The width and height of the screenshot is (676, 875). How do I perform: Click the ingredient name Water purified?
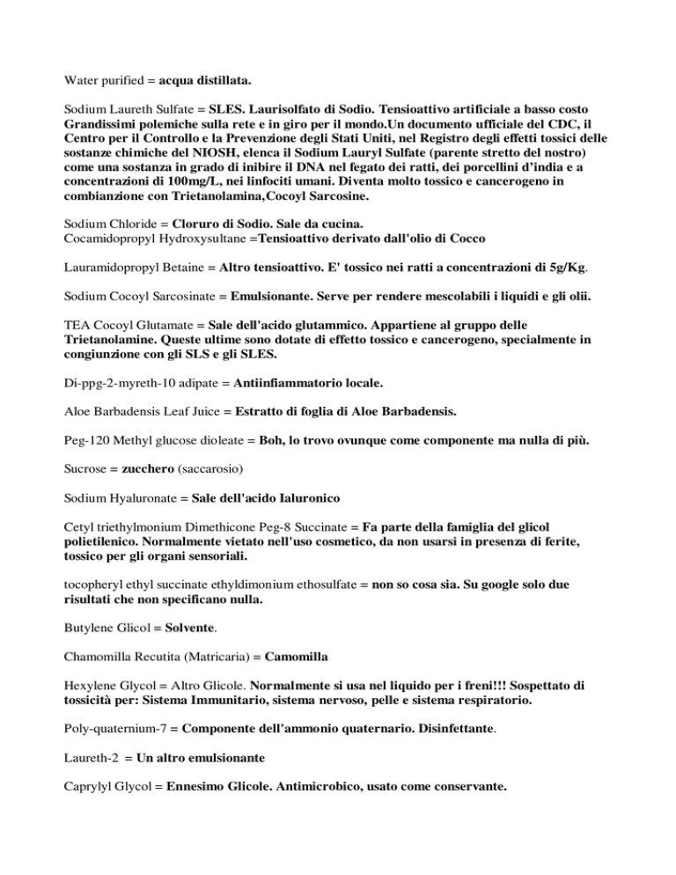104,80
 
